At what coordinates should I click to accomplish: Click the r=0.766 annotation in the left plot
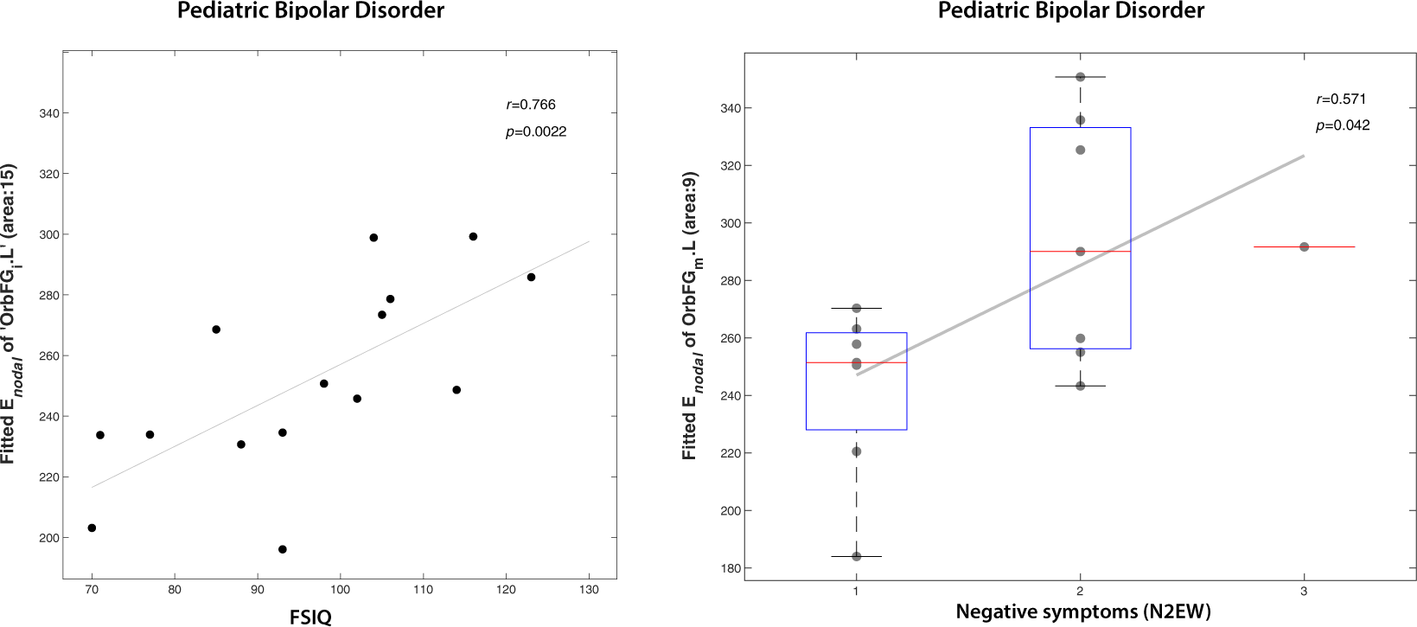coord(530,105)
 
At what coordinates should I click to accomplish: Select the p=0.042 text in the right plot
coord(1342,125)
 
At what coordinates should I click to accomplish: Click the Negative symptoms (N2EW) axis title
coord(1082,612)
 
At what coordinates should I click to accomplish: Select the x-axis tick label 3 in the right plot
coord(1303,591)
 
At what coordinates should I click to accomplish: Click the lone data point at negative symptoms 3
coord(1304,246)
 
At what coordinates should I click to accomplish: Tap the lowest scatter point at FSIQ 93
coord(282,549)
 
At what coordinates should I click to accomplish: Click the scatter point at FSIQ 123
coord(531,277)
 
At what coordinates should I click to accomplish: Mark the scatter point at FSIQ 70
coord(92,528)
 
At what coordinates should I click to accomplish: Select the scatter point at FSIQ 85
coord(216,329)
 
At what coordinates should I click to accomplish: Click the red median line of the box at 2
coord(1080,251)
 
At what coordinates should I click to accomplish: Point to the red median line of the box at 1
coord(856,362)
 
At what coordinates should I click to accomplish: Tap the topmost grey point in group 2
coord(1080,77)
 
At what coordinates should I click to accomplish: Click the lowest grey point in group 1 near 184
coord(856,556)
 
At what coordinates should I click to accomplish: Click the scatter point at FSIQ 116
coord(473,236)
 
